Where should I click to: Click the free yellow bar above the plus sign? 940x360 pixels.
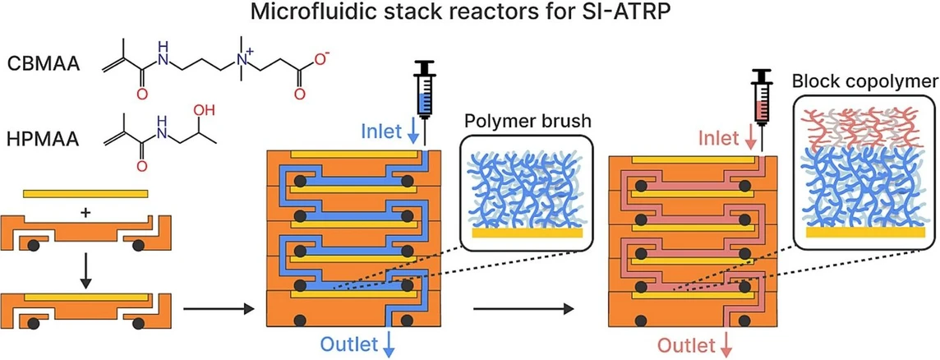click(x=85, y=194)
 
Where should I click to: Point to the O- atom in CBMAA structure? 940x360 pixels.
click(x=323, y=58)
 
